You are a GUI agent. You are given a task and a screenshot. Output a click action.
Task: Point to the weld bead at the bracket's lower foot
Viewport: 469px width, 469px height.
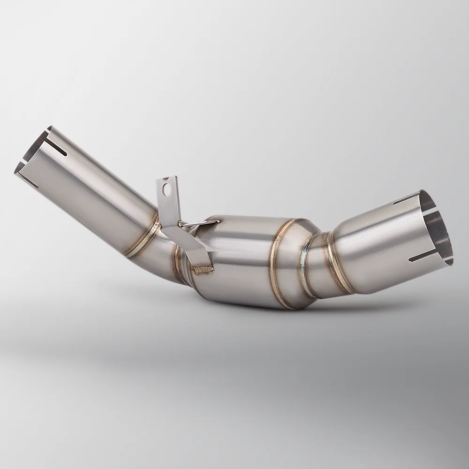pos(204,269)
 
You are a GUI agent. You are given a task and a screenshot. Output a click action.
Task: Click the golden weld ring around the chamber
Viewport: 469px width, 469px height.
pos(279,263)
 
